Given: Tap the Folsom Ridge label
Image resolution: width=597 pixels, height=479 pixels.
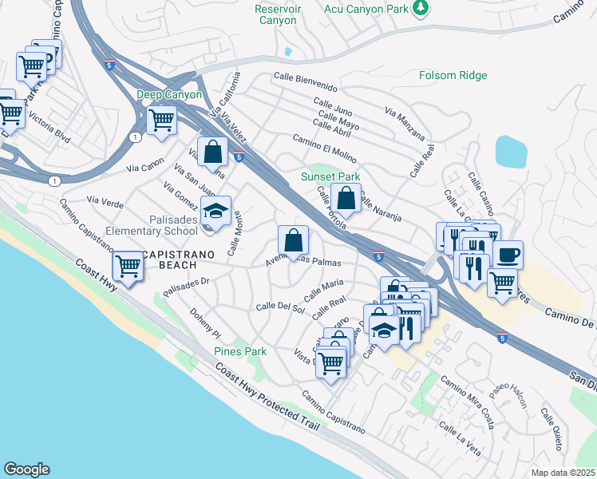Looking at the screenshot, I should (453, 76).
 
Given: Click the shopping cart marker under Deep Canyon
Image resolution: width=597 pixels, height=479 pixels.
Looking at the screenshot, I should (162, 121).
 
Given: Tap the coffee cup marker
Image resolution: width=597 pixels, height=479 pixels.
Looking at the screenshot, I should (508, 255).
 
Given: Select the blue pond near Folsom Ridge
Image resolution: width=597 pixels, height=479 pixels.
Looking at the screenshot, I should (511, 151).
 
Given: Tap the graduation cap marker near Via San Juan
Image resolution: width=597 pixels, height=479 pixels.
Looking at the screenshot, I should (215, 212).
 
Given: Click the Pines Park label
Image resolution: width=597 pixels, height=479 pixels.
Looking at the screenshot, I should (240, 351).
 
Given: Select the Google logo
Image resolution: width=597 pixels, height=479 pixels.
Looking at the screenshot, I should (26, 469).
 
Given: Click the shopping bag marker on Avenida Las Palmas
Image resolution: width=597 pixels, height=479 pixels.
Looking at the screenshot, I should (293, 239).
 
